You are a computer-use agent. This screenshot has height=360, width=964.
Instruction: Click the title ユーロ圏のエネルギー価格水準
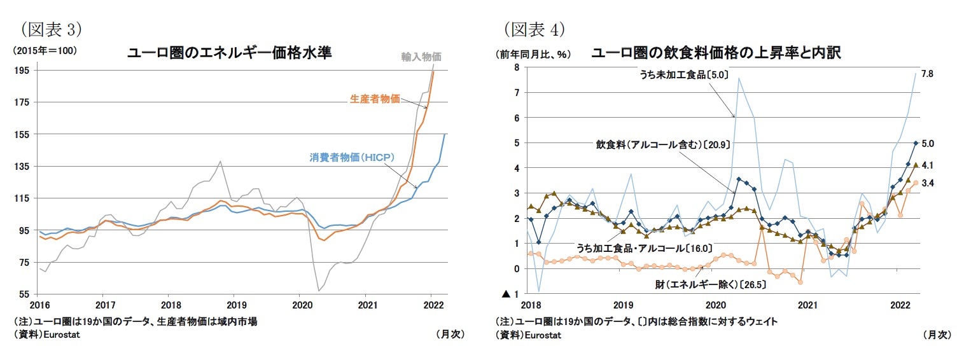click(x=230, y=53)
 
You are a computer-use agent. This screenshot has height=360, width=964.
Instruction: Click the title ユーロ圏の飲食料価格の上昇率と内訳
click(x=716, y=53)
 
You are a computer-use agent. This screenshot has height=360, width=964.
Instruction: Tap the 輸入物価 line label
click(x=421, y=57)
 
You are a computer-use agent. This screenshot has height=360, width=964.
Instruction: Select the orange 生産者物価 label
click(x=375, y=99)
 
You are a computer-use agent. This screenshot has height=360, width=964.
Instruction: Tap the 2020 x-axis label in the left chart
click(x=299, y=305)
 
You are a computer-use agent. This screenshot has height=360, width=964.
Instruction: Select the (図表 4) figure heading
click(x=535, y=29)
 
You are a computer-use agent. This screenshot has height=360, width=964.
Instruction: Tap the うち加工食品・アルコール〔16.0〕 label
click(x=643, y=248)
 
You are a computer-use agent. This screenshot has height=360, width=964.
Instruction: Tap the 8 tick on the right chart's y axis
click(x=517, y=68)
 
